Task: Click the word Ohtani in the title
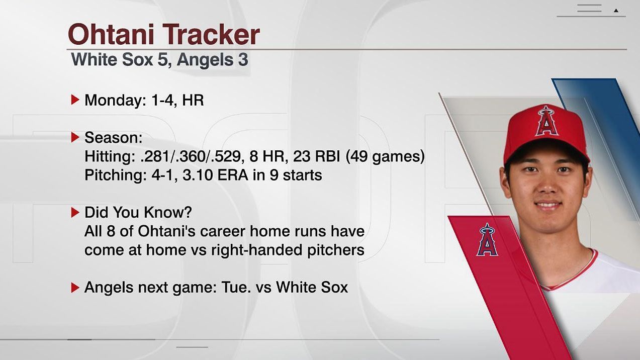pos(112,35)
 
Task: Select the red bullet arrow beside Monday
pos(75,100)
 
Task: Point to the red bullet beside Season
pos(75,137)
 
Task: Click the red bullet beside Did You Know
pos(75,212)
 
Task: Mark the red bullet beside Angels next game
pos(75,288)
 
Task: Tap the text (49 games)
pos(385,156)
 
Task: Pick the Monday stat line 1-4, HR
pos(177,100)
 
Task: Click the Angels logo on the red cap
pos(546,121)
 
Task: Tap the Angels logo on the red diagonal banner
pos(487,240)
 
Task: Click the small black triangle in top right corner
pos(616,10)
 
